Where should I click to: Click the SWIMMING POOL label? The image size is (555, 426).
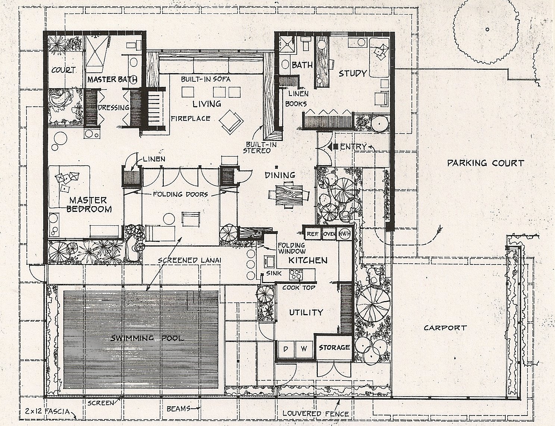pyautogui.click(x=147, y=338)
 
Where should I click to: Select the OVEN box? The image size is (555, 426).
pyautogui.click(x=329, y=234)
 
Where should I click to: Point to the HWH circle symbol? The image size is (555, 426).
pyautogui.click(x=344, y=234)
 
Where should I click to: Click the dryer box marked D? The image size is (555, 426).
pyautogui.click(x=286, y=349)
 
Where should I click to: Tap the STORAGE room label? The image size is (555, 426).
pyautogui.click(x=334, y=347)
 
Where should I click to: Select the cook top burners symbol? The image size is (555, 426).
pyautogui.click(x=296, y=275)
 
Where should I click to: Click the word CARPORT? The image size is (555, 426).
pyautogui.click(x=445, y=328)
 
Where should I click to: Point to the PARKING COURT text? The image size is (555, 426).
pyautogui.click(x=486, y=163)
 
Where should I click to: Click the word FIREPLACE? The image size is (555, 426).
pyautogui.click(x=191, y=119)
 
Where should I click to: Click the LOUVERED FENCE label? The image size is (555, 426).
pyautogui.click(x=316, y=414)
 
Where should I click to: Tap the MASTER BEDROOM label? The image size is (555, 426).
pyautogui.click(x=89, y=204)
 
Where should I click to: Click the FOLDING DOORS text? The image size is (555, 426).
pyautogui.click(x=180, y=194)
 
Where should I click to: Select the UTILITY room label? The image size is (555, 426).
pyautogui.click(x=306, y=312)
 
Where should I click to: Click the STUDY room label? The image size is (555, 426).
pyautogui.click(x=352, y=73)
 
